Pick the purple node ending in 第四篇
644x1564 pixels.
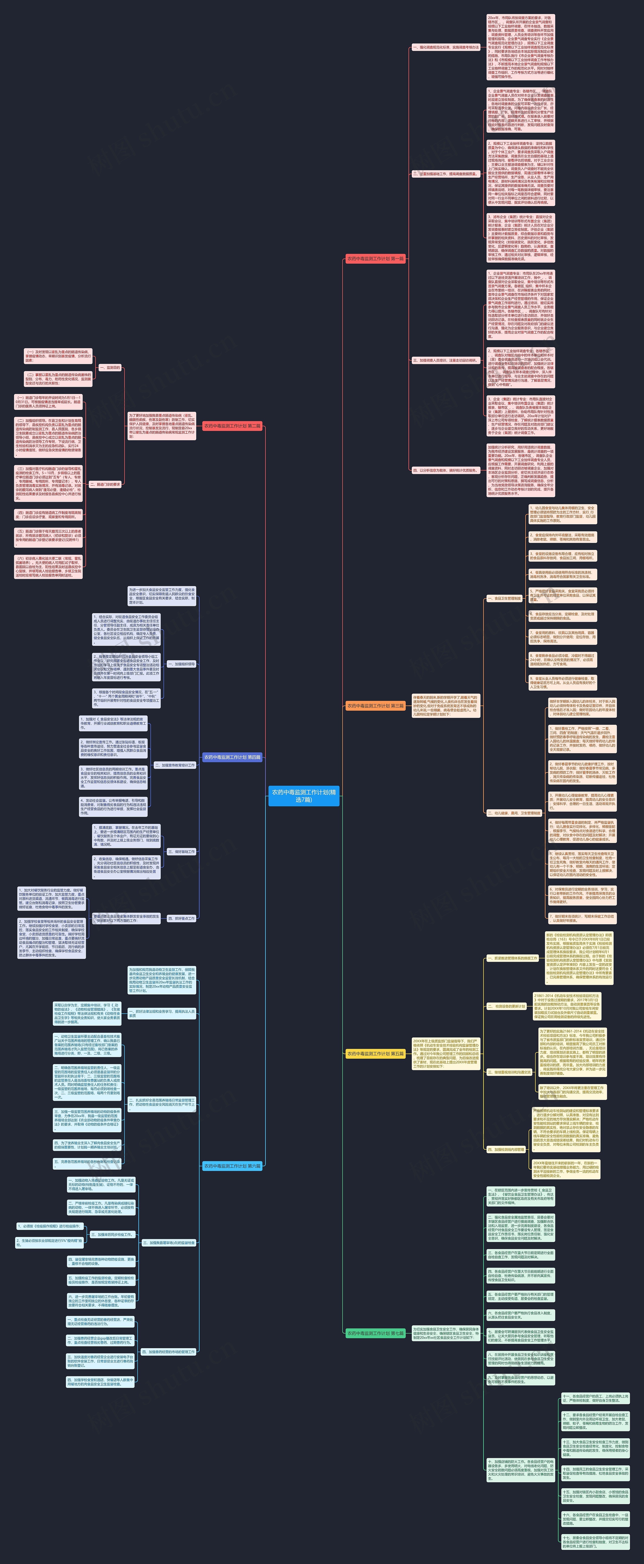click(232, 757)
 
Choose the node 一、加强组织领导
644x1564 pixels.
click(181, 664)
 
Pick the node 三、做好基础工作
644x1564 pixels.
click(181, 852)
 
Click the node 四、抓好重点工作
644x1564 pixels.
click(181, 919)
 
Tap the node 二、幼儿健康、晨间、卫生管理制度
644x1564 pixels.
click(513, 813)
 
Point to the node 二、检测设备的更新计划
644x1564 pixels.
click(506, 1006)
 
